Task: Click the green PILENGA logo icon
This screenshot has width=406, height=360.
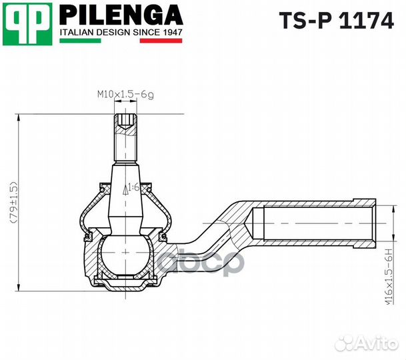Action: coord(28,25)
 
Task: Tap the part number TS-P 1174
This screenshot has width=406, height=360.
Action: coord(335,21)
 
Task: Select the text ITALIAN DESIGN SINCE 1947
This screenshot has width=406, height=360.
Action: coord(121,31)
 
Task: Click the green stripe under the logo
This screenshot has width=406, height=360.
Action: coord(80,41)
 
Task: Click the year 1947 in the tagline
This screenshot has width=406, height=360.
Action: coord(171,31)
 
